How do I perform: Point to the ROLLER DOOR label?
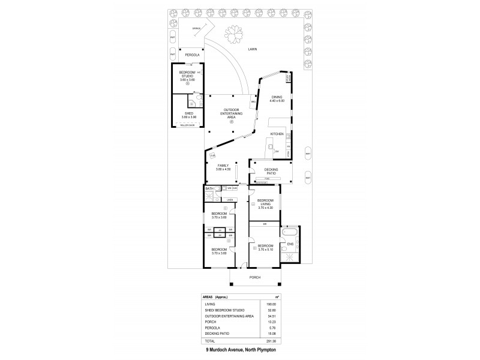coord(188,125)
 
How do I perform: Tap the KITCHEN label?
coord(276,133)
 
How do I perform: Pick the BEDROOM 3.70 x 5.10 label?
coord(265,247)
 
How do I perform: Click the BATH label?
coord(209,189)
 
